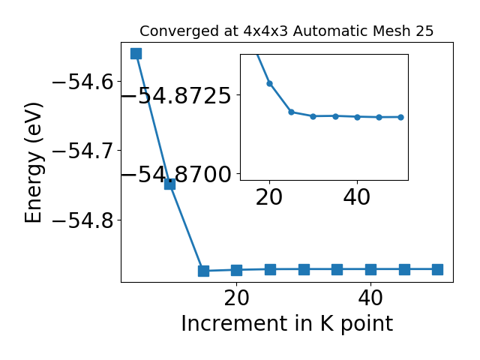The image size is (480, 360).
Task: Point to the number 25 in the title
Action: [424, 31]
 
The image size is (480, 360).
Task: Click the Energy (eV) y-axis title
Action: [33, 163]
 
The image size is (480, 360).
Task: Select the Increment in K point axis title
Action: [287, 323]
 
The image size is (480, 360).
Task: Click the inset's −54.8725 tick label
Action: [176, 95]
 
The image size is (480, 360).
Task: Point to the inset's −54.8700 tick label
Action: [176, 174]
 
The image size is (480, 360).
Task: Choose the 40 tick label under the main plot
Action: [370, 298]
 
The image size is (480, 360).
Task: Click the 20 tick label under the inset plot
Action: [269, 197]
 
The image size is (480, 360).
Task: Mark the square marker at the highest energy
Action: [136, 53]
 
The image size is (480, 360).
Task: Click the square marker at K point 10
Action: [170, 184]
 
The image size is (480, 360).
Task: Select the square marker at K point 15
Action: [203, 271]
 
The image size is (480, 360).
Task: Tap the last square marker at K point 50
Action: [437, 270]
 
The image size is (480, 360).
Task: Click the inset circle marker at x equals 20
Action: [270, 83]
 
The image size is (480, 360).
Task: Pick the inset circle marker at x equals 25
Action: [292, 112]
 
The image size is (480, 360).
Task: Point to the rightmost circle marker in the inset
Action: [400, 117]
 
